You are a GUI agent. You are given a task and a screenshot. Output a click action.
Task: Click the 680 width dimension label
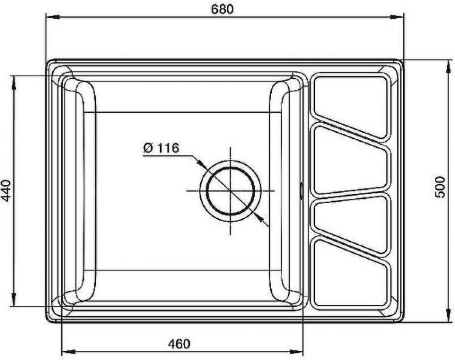(221, 10)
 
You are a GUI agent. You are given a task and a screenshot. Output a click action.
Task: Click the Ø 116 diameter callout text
(161, 148)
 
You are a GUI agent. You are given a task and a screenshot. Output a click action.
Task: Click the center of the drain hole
(231, 189)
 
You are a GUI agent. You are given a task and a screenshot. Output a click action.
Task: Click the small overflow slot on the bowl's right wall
(303, 189)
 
